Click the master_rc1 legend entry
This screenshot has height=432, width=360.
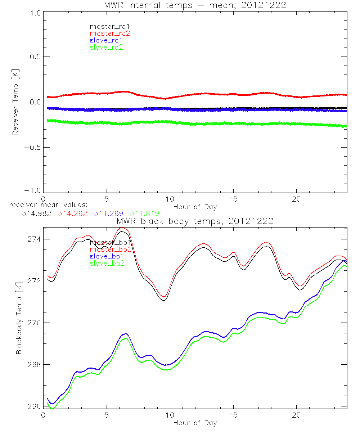click(106, 26)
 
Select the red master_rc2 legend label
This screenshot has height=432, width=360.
click(110, 33)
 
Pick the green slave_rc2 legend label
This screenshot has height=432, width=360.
click(106, 47)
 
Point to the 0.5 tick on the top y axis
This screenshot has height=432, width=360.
click(35, 57)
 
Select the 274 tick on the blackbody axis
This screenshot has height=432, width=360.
click(33, 239)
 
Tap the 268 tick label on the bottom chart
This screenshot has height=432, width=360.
click(33, 365)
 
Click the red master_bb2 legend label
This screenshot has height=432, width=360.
click(111, 249)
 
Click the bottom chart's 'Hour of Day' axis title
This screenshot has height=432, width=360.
click(195, 423)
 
